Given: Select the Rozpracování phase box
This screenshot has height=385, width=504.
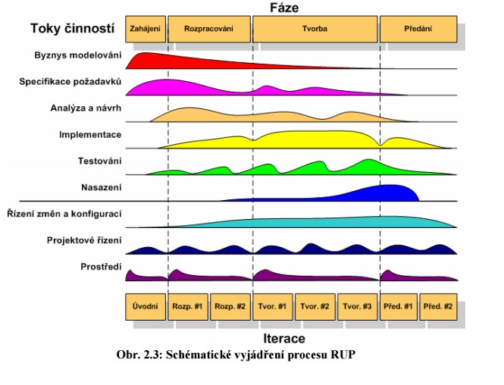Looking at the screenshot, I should (208, 29).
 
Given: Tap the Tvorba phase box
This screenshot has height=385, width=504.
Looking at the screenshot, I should (315, 29).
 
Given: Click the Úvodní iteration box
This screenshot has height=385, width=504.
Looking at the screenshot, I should (145, 306).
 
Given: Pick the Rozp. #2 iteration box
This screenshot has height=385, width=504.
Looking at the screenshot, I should (230, 306).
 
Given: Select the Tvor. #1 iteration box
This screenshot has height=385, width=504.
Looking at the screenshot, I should (272, 306).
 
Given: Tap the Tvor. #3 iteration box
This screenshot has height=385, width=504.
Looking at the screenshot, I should (356, 306).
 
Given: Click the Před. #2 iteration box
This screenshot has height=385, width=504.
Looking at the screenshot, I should (439, 306).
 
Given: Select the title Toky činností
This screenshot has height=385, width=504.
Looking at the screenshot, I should (73, 29).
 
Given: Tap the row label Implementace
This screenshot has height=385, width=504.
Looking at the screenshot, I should (90, 135).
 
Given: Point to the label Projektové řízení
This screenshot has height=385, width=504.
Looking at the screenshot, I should (83, 240).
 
